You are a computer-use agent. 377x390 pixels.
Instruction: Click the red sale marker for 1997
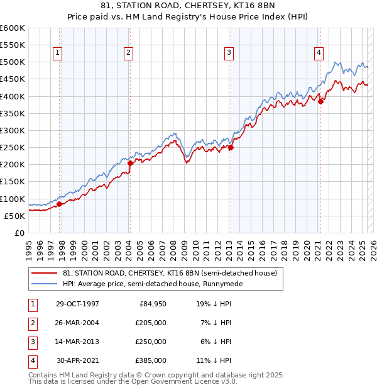click(60, 204)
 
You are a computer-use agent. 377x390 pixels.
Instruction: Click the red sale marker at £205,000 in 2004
click(130, 163)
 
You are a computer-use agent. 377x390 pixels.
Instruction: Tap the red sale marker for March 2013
click(231, 148)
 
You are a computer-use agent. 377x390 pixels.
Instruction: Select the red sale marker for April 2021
click(320, 101)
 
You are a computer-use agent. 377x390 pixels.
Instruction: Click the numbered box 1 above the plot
click(57, 53)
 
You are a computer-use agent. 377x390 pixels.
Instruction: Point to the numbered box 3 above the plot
click(229, 53)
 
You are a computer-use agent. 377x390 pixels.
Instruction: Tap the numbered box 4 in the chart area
click(319, 53)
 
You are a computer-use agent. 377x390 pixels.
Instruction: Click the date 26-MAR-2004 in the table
click(77, 323)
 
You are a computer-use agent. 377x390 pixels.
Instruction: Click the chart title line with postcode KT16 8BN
click(188, 7)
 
